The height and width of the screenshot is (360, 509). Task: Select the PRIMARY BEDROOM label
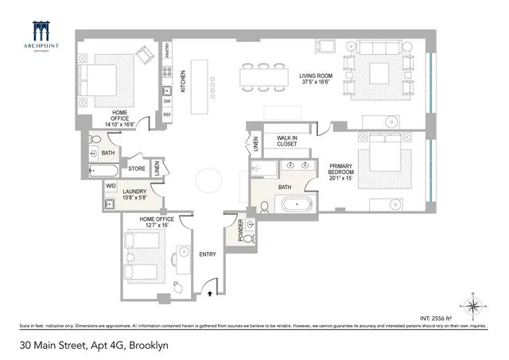click(x=345, y=169)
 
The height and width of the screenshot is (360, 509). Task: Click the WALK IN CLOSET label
click(x=286, y=141)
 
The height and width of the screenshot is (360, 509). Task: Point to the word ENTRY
click(x=208, y=254)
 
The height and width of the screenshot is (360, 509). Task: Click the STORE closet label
click(x=137, y=168)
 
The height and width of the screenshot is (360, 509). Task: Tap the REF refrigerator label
click(x=167, y=115)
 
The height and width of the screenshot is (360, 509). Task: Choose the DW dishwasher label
click(x=167, y=101)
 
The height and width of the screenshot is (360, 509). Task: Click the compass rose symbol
click(x=472, y=304)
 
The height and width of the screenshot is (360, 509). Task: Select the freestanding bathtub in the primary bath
click(x=297, y=204)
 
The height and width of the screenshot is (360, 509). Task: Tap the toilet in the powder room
click(x=248, y=238)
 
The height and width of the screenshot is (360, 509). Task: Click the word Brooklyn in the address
click(x=146, y=346)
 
